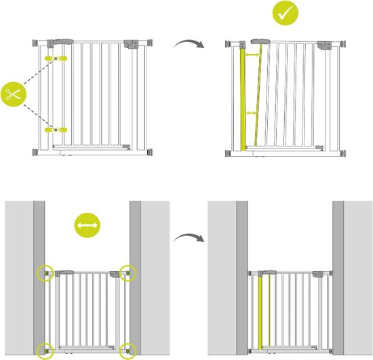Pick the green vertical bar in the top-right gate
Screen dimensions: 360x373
(246, 98)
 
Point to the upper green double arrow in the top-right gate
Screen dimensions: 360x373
(253, 54)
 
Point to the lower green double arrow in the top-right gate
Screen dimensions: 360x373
(252, 113)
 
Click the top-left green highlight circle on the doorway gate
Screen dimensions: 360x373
(45, 273)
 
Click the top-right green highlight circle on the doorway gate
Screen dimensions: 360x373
(128, 273)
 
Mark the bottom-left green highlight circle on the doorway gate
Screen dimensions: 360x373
(45, 351)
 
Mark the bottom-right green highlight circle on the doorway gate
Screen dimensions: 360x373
(128, 351)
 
